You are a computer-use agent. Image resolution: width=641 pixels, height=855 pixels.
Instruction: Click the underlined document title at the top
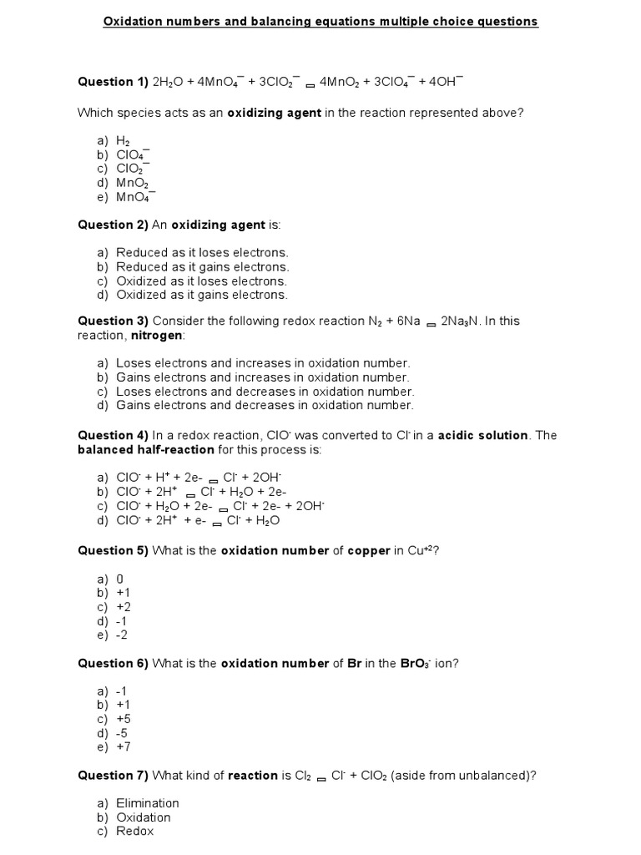pos(320,21)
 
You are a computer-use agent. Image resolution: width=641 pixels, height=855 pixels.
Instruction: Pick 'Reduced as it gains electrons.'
pos(202,266)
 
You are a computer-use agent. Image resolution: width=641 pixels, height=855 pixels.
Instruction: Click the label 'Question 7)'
pos(113,775)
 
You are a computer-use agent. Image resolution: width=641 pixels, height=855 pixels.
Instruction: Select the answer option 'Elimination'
pos(147,803)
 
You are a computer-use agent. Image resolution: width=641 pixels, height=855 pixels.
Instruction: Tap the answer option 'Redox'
pos(134,831)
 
